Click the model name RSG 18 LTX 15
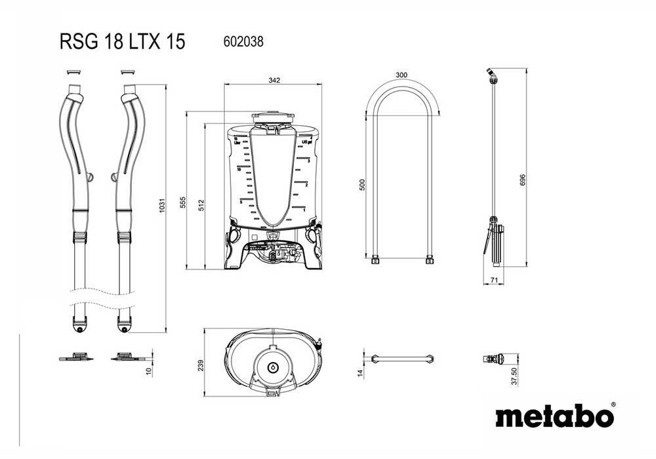pyautogui.click(x=123, y=42)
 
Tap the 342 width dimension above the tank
pyautogui.click(x=274, y=81)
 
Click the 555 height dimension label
pyautogui.click(x=182, y=203)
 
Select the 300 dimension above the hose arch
pyautogui.click(x=401, y=75)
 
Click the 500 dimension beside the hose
pyautogui.click(x=362, y=185)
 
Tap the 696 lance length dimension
pyautogui.click(x=522, y=181)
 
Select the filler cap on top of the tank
pyautogui.click(x=272, y=118)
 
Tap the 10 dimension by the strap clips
pyautogui.click(x=149, y=371)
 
